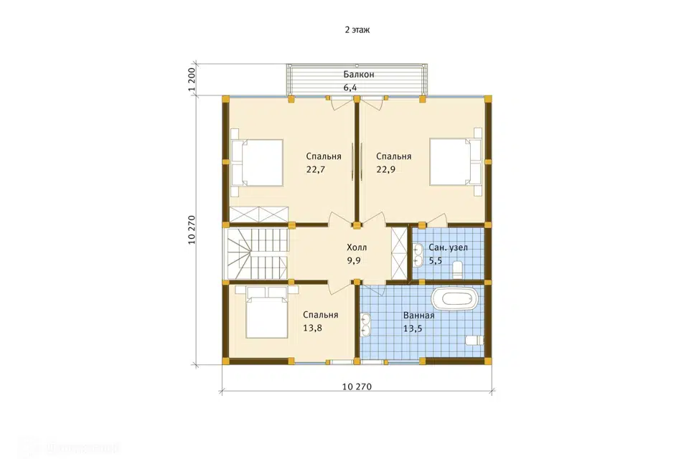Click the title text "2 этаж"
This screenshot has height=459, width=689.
pyautogui.click(x=357, y=30)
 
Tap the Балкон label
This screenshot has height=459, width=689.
pyautogui.click(x=359, y=75)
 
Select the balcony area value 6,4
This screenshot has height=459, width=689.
pyautogui.click(x=350, y=87)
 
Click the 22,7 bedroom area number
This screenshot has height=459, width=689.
pyautogui.click(x=316, y=169)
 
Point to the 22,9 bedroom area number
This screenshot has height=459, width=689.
pyautogui.click(x=386, y=169)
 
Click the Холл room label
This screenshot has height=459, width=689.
pyautogui.click(x=357, y=247)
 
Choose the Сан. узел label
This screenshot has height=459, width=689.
pyautogui.click(x=448, y=247)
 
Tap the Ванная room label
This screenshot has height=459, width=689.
pyautogui.click(x=418, y=316)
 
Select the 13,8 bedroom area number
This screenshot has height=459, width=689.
pyautogui.click(x=312, y=328)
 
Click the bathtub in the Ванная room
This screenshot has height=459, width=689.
pyautogui.click(x=454, y=299)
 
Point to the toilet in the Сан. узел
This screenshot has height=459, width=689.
pyautogui.click(x=458, y=270)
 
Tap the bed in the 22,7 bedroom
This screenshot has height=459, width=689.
pyautogui.click(x=257, y=163)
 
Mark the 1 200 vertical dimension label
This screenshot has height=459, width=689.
pyautogui.click(x=192, y=80)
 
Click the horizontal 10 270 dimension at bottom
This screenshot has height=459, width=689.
pyautogui.click(x=357, y=387)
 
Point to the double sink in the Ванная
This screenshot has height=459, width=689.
pyautogui.click(x=365, y=324)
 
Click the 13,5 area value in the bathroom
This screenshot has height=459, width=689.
pyautogui.click(x=413, y=328)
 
